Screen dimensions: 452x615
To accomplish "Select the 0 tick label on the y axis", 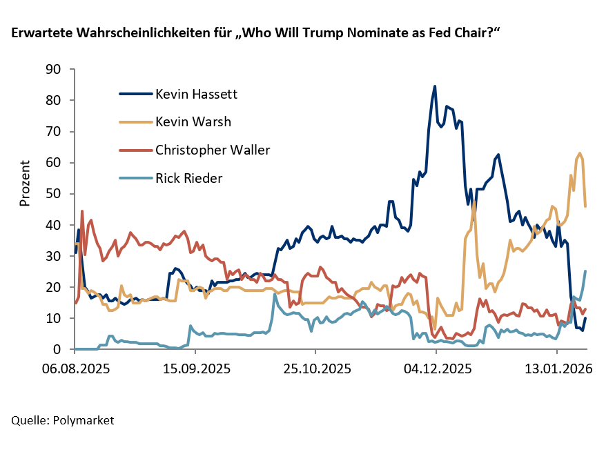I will tap(58, 350).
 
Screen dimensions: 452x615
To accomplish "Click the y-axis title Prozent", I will tap(25, 183).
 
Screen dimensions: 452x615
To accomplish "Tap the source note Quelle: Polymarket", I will tap(62, 420).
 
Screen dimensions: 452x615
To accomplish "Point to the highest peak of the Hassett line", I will tap(434, 86).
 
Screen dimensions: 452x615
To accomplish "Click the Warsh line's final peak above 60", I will tap(580, 153).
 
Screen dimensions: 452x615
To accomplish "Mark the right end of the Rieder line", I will tap(585, 271).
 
